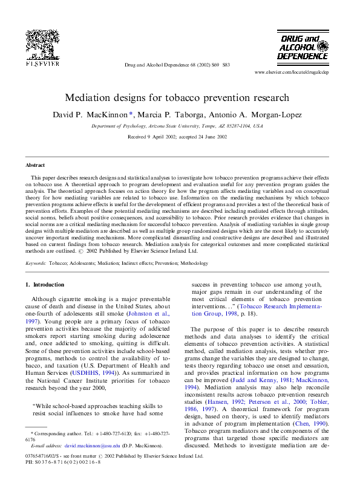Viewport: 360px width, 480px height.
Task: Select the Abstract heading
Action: pos(35,164)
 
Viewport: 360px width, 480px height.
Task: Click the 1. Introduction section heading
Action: pos(45,284)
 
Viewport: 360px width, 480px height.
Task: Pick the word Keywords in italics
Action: pos(36,263)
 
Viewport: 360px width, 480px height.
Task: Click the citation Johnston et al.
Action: pos(148,314)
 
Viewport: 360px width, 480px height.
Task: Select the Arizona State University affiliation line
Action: pos(177,126)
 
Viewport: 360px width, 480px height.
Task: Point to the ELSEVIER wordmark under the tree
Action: pos(42,62)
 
